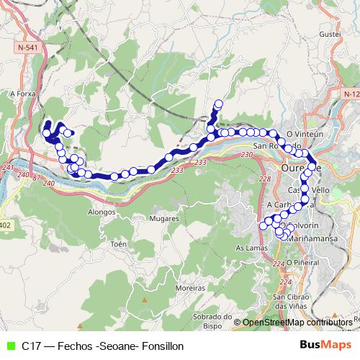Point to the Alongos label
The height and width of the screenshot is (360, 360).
(x=101, y=212)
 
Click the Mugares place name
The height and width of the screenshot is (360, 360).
(x=163, y=217)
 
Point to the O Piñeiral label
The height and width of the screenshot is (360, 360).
(x=303, y=262)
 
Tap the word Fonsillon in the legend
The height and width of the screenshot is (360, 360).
(x=163, y=346)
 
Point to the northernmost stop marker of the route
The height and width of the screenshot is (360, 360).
(x=218, y=104)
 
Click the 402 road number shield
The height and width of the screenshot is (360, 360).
(x=6, y=225)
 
